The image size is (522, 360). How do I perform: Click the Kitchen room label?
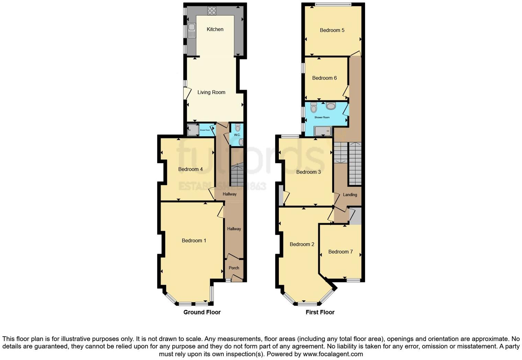215,30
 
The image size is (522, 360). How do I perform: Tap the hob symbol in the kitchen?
212,11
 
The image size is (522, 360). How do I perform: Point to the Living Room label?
211,92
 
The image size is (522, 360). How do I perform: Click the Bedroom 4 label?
190,169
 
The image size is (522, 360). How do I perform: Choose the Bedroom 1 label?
194,241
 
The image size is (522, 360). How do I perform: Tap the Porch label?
234,268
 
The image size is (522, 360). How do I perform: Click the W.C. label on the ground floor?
237,135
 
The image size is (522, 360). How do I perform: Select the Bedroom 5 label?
332,30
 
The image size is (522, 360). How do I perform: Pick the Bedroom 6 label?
324,78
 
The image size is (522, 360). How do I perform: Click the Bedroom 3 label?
308,172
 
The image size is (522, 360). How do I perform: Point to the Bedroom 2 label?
302,245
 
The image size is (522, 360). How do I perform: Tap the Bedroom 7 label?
340,252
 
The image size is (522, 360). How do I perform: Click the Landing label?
350,195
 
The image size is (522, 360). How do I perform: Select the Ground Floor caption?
202,312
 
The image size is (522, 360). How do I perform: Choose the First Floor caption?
320,312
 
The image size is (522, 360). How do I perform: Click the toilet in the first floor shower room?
314,108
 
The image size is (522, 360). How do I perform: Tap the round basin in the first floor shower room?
331,106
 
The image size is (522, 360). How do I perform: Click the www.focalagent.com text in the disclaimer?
332,354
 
